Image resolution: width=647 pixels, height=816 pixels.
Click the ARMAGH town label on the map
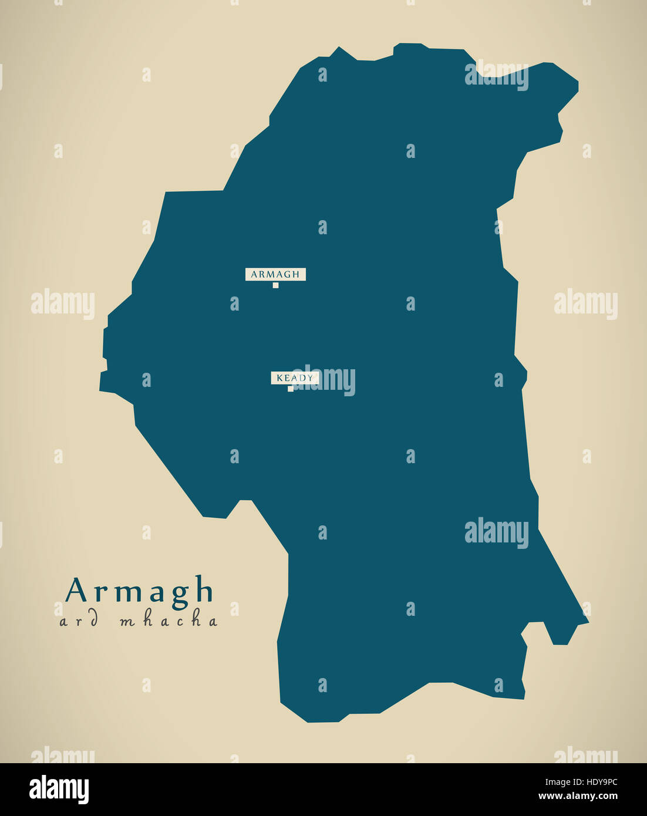click(275, 274)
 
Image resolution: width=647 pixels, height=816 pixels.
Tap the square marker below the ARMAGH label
click(275, 285)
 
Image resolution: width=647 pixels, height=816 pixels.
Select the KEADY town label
click(295, 378)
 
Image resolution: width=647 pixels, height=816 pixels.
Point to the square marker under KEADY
click(290, 389)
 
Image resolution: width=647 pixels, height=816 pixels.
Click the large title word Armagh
click(140, 590)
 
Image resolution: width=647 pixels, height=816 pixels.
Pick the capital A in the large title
click(76, 589)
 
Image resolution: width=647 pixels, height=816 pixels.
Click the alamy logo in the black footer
click(59, 789)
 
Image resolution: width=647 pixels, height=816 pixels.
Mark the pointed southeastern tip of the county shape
click(588, 621)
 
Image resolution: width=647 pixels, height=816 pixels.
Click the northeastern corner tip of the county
click(578, 83)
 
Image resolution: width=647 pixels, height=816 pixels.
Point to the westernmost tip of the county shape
click(100, 388)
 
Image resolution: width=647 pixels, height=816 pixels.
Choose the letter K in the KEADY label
click(280, 378)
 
